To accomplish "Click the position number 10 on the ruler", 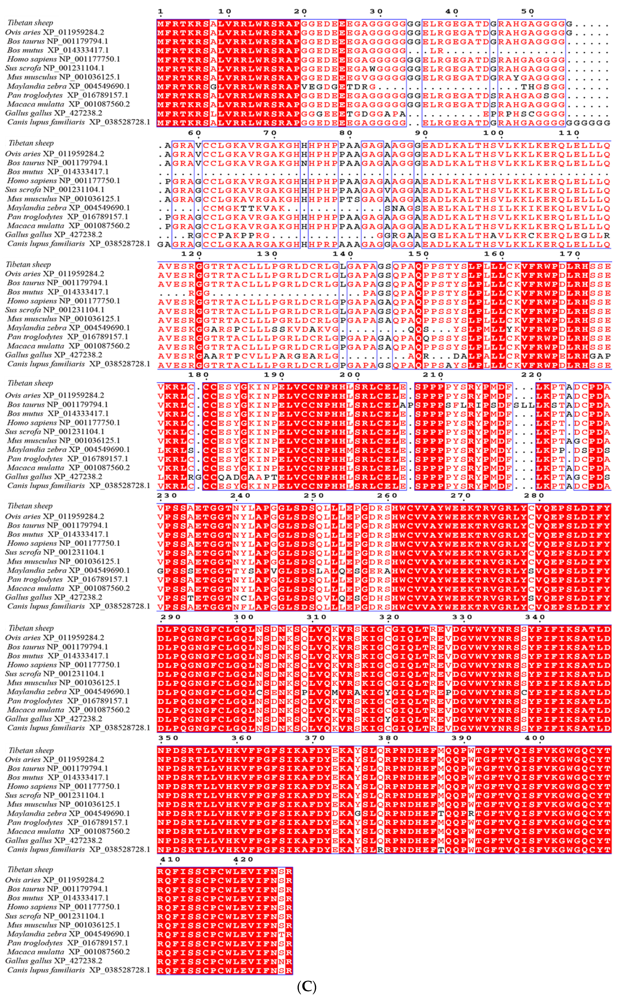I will point(225,12).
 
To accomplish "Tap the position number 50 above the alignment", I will point(528,12).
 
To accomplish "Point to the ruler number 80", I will point(346,133).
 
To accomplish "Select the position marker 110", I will point(569,133).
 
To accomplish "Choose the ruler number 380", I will point(388,738).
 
